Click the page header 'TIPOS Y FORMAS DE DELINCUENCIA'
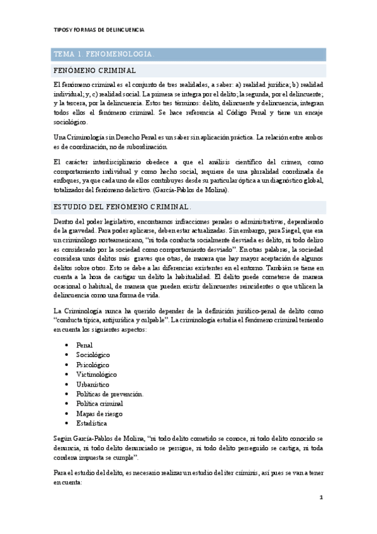pos(98,30)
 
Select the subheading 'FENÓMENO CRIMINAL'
pos(95,71)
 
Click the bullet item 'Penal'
pos(84,345)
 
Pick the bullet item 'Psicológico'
pos(92,365)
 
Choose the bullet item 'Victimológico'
pos(96,375)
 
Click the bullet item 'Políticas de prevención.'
pos(110,394)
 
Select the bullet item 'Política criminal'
pos(99,404)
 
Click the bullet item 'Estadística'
pos(91,423)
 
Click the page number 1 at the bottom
pos(321,497)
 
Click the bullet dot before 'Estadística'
pos(67,423)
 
